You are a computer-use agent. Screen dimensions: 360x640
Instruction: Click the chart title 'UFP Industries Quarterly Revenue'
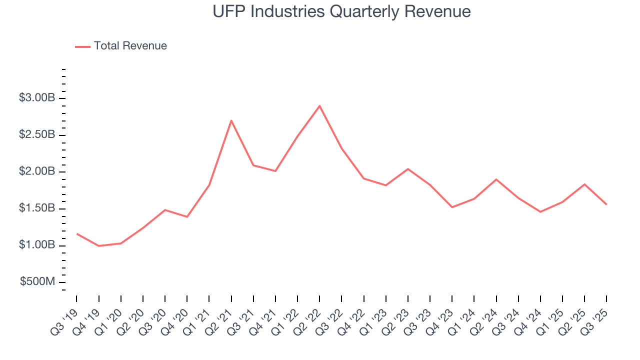(341, 11)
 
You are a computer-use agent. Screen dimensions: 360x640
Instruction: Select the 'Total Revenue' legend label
(130, 46)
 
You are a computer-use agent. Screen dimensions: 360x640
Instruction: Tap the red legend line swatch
(82, 46)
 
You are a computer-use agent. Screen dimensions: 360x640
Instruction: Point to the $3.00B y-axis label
(37, 98)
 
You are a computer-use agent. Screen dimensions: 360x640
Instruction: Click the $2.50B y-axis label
(37, 135)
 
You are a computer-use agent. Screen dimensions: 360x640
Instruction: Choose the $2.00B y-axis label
(37, 171)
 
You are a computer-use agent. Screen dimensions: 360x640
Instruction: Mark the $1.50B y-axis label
(37, 208)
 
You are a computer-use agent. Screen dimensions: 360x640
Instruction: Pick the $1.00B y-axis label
(37, 245)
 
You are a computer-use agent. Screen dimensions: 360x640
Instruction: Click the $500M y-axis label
(37, 282)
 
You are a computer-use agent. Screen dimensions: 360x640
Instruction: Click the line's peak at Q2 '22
(319, 105)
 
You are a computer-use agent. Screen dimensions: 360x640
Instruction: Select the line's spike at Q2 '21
(231, 120)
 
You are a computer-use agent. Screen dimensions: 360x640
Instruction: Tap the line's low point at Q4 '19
(98, 246)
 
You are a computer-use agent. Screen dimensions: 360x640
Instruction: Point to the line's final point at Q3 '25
(606, 204)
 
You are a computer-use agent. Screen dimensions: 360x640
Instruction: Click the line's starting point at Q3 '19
(76, 233)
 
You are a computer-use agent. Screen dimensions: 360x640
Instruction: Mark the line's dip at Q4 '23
(452, 207)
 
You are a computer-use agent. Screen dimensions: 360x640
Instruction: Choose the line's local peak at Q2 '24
(496, 179)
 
